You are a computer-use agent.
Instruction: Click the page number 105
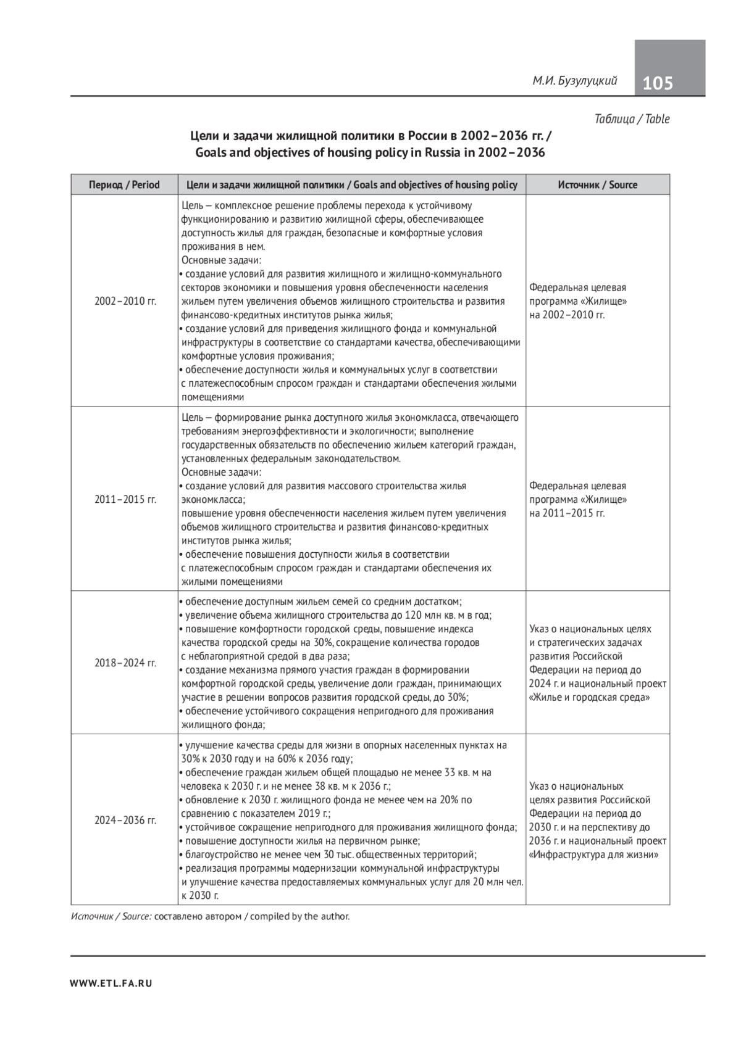(x=658, y=83)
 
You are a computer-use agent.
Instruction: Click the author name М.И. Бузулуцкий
(x=575, y=81)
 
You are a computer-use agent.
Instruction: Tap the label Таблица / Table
(x=632, y=119)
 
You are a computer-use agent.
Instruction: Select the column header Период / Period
(x=124, y=184)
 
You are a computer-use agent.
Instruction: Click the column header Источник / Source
(x=597, y=184)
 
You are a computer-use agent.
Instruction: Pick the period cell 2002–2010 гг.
(x=125, y=301)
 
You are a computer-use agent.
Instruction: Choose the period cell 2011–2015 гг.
(x=125, y=499)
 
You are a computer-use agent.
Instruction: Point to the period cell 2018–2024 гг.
(x=125, y=663)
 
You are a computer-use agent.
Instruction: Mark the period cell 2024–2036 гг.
(x=125, y=820)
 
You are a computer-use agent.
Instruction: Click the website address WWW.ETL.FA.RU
(x=111, y=983)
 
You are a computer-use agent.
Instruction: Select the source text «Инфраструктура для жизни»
(x=593, y=855)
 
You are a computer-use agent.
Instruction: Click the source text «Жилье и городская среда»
(x=589, y=698)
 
